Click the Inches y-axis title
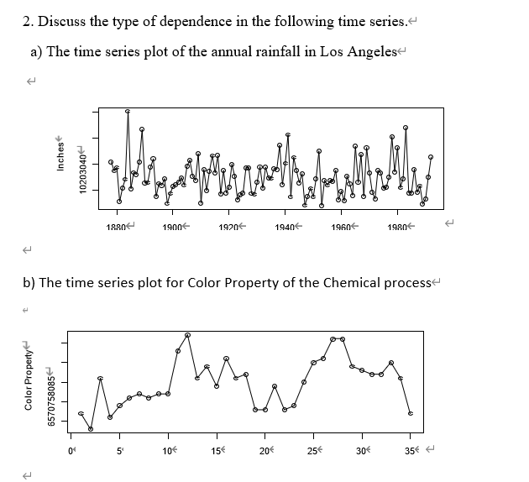coord(60,153)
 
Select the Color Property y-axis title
coord(29,383)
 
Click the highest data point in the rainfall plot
coord(128,111)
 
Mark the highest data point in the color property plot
coord(187,335)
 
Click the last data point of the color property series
coord(410,414)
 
